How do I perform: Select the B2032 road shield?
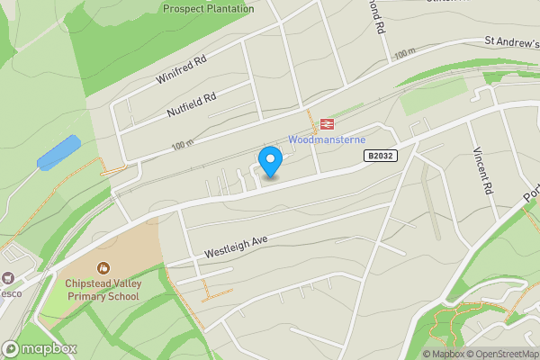381,156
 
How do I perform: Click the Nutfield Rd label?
192,106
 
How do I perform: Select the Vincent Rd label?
486,172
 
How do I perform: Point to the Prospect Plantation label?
208,9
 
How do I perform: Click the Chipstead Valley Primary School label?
103,289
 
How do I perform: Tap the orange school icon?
103,267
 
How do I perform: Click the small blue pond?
58,152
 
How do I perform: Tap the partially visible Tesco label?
10,293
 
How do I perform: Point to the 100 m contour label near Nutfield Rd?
183,144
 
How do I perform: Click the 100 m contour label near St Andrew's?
405,54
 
